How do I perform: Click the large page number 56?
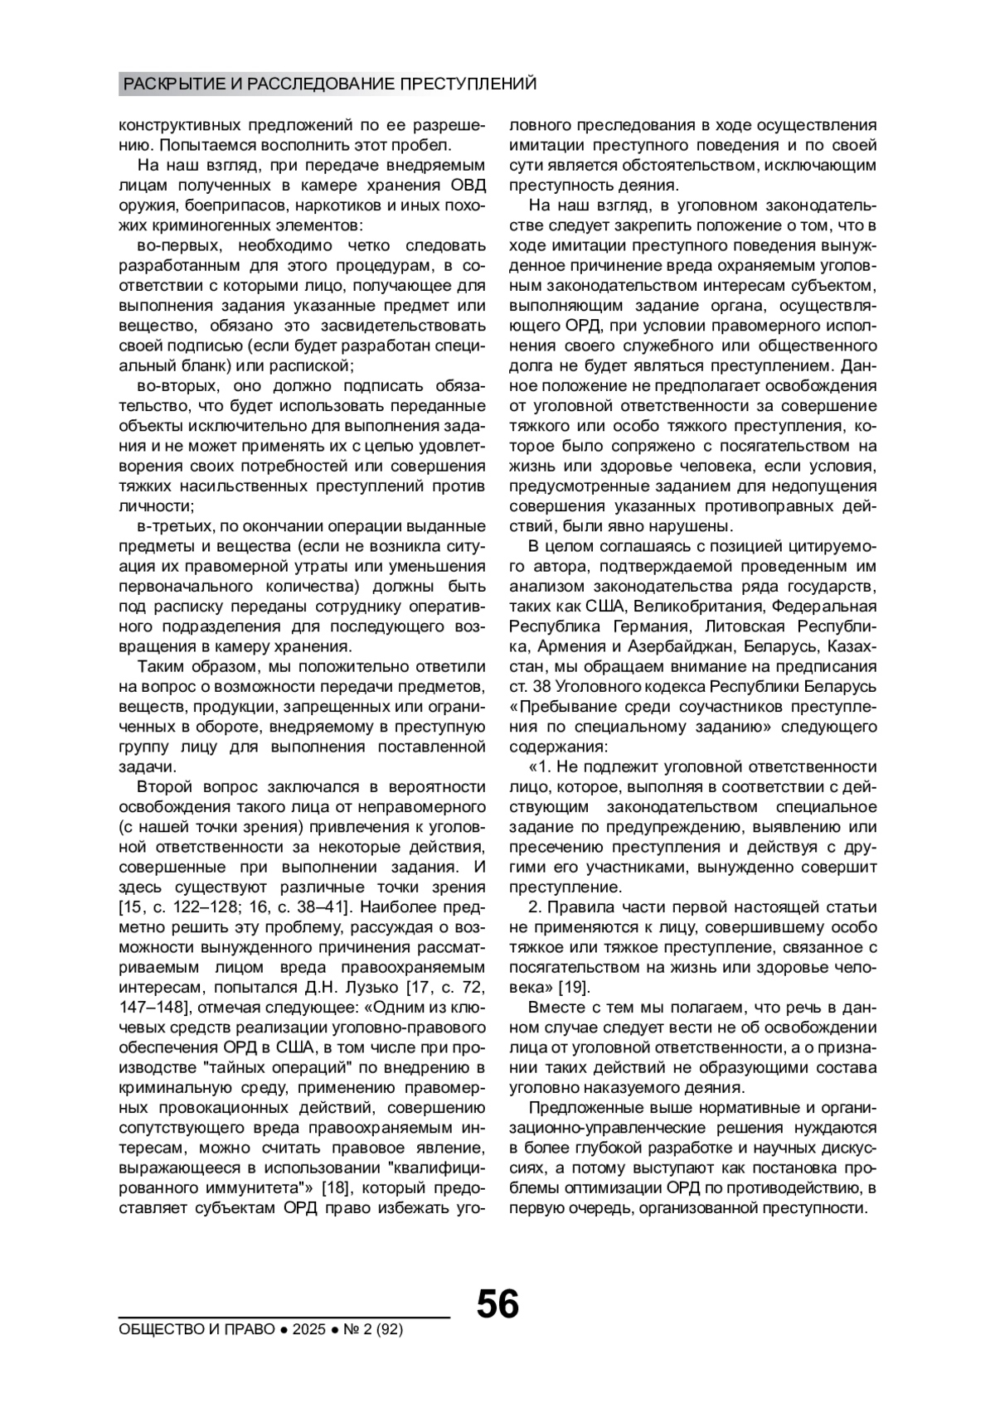pyautogui.click(x=498, y=1304)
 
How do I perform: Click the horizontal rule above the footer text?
pyautogui.click(x=284, y=1317)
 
